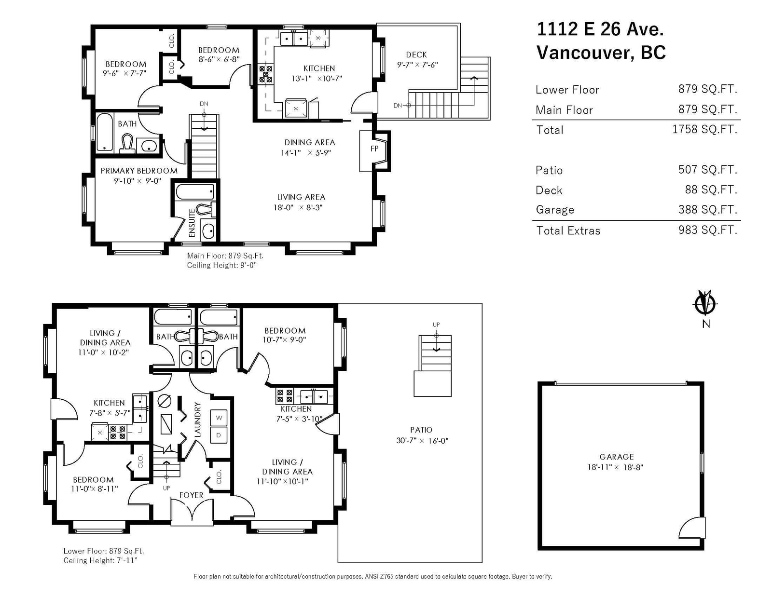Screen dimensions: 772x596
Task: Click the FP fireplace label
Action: pyautogui.click(x=374, y=149)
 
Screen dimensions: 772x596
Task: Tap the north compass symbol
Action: pyautogui.click(x=705, y=303)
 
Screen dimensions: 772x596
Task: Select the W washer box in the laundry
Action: pyautogui.click(x=219, y=418)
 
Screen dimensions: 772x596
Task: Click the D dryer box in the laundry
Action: pyautogui.click(x=219, y=435)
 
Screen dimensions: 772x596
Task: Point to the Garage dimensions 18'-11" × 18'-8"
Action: pyautogui.click(x=615, y=467)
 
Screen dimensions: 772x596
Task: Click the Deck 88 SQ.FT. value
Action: pyautogui.click(x=711, y=190)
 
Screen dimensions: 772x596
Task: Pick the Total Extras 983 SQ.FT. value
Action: pyautogui.click(x=708, y=230)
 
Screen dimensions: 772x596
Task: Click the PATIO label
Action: pyautogui.click(x=421, y=430)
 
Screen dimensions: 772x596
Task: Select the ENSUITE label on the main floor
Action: pyautogui.click(x=192, y=223)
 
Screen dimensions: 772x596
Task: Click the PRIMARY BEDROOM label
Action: pyautogui.click(x=139, y=171)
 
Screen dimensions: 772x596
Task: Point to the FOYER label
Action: pyautogui.click(x=191, y=495)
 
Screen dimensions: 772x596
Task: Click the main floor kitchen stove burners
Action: pyautogui.click(x=266, y=74)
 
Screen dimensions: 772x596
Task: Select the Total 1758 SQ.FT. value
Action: pyautogui.click(x=704, y=129)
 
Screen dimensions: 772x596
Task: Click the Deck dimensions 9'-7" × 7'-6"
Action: pyautogui.click(x=417, y=65)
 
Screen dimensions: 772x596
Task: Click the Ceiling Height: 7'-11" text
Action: pyautogui.click(x=100, y=560)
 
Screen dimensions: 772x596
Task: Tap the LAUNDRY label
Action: pyautogui.click(x=198, y=419)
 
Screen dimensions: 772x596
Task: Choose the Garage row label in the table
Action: pyautogui.click(x=555, y=210)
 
